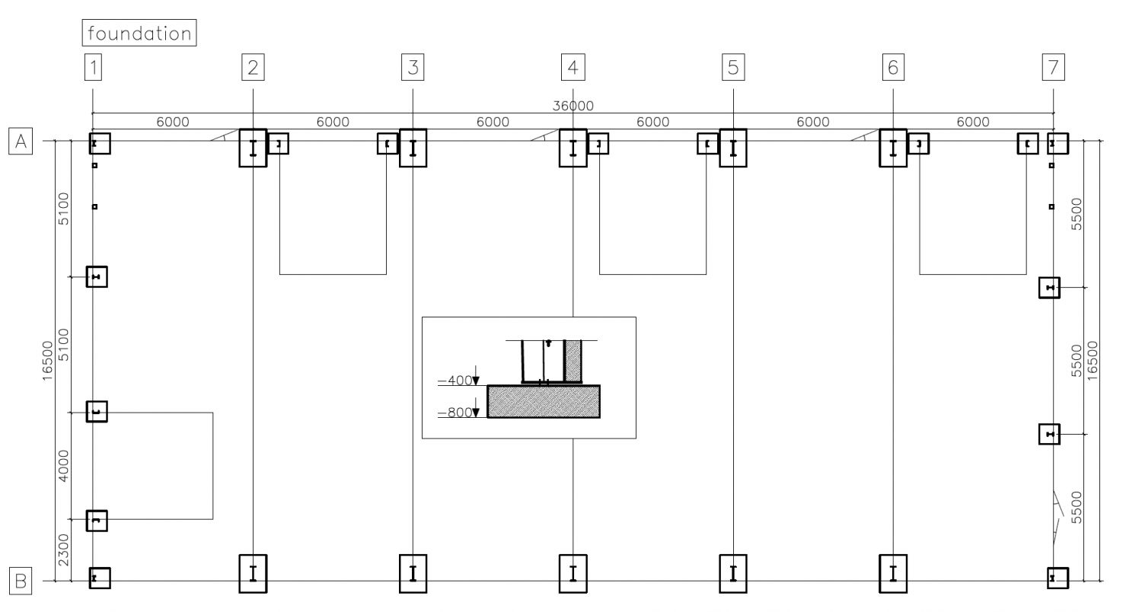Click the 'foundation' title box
pyautogui.click(x=139, y=33)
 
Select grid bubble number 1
pyautogui.click(x=94, y=67)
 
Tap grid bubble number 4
pyautogui.click(x=573, y=67)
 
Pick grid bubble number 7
pyautogui.click(x=1053, y=67)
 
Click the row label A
pyautogui.click(x=21, y=141)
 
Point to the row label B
pyautogui.click(x=21, y=581)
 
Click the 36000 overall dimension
pyautogui.click(x=573, y=106)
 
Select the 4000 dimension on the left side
pyautogui.click(x=63, y=466)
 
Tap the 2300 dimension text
pyautogui.click(x=63, y=550)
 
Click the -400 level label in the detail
pyautogui.click(x=455, y=381)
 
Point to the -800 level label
pyautogui.click(x=455, y=413)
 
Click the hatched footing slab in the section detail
pyautogui.click(x=544, y=402)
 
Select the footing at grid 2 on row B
pyautogui.click(x=253, y=574)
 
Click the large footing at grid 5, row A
pyautogui.click(x=733, y=148)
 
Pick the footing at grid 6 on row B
pyautogui.click(x=893, y=574)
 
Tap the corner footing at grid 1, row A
pyautogui.click(x=100, y=144)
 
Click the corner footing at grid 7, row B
pyautogui.click(x=1058, y=579)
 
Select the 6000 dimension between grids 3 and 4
pyautogui.click(x=493, y=123)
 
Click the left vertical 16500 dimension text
pyautogui.click(x=47, y=361)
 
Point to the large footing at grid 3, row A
pyautogui.click(x=413, y=148)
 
